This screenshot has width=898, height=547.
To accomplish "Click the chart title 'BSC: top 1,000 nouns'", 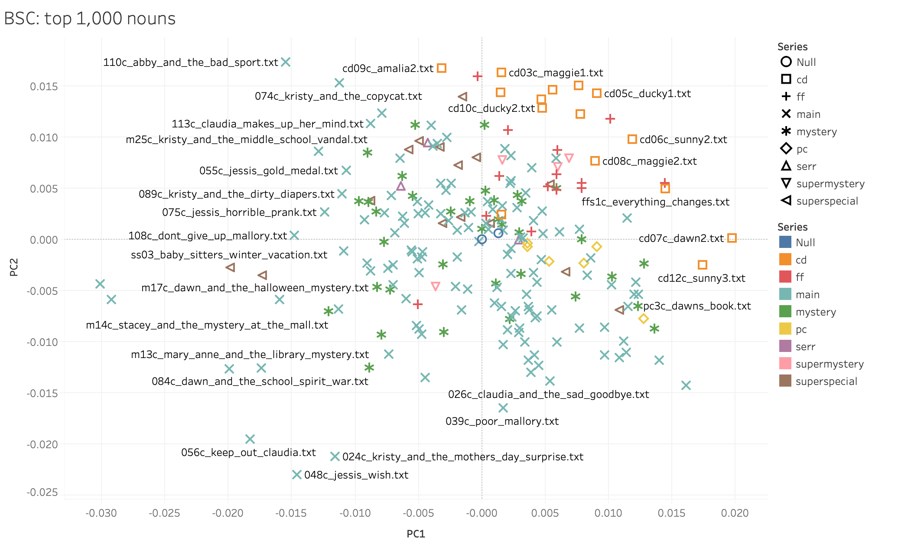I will click(90, 19).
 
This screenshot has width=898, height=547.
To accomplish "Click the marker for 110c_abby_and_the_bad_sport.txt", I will click(286, 62).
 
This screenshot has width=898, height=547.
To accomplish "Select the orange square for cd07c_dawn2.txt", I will click(732, 238).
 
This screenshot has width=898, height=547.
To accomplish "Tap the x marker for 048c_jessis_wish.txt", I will click(296, 475).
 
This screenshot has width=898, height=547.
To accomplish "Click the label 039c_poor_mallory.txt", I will click(502, 421).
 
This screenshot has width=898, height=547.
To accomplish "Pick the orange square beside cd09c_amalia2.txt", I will click(442, 68).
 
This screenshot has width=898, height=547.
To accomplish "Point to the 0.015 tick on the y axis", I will click(44, 87).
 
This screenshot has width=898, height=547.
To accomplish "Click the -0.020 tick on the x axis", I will click(228, 513).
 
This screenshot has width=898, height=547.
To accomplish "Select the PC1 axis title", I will click(416, 534).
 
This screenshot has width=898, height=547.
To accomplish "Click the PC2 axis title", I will click(14, 267).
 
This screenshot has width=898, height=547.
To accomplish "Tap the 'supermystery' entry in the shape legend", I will click(830, 184).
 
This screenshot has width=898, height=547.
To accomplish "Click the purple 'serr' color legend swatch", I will click(785, 346).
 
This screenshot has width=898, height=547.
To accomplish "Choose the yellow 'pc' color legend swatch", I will click(785, 329).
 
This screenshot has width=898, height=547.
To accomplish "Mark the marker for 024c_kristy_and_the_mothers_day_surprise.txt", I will click(335, 456).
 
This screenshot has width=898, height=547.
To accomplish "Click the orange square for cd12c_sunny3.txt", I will click(703, 264).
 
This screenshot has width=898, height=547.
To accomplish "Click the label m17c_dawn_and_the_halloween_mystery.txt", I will click(254, 288).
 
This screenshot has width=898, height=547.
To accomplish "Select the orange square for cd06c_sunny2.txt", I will click(632, 139).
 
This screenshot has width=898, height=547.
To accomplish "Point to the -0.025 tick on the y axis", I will click(42, 492).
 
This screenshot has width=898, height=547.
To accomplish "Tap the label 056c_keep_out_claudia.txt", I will click(248, 453).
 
